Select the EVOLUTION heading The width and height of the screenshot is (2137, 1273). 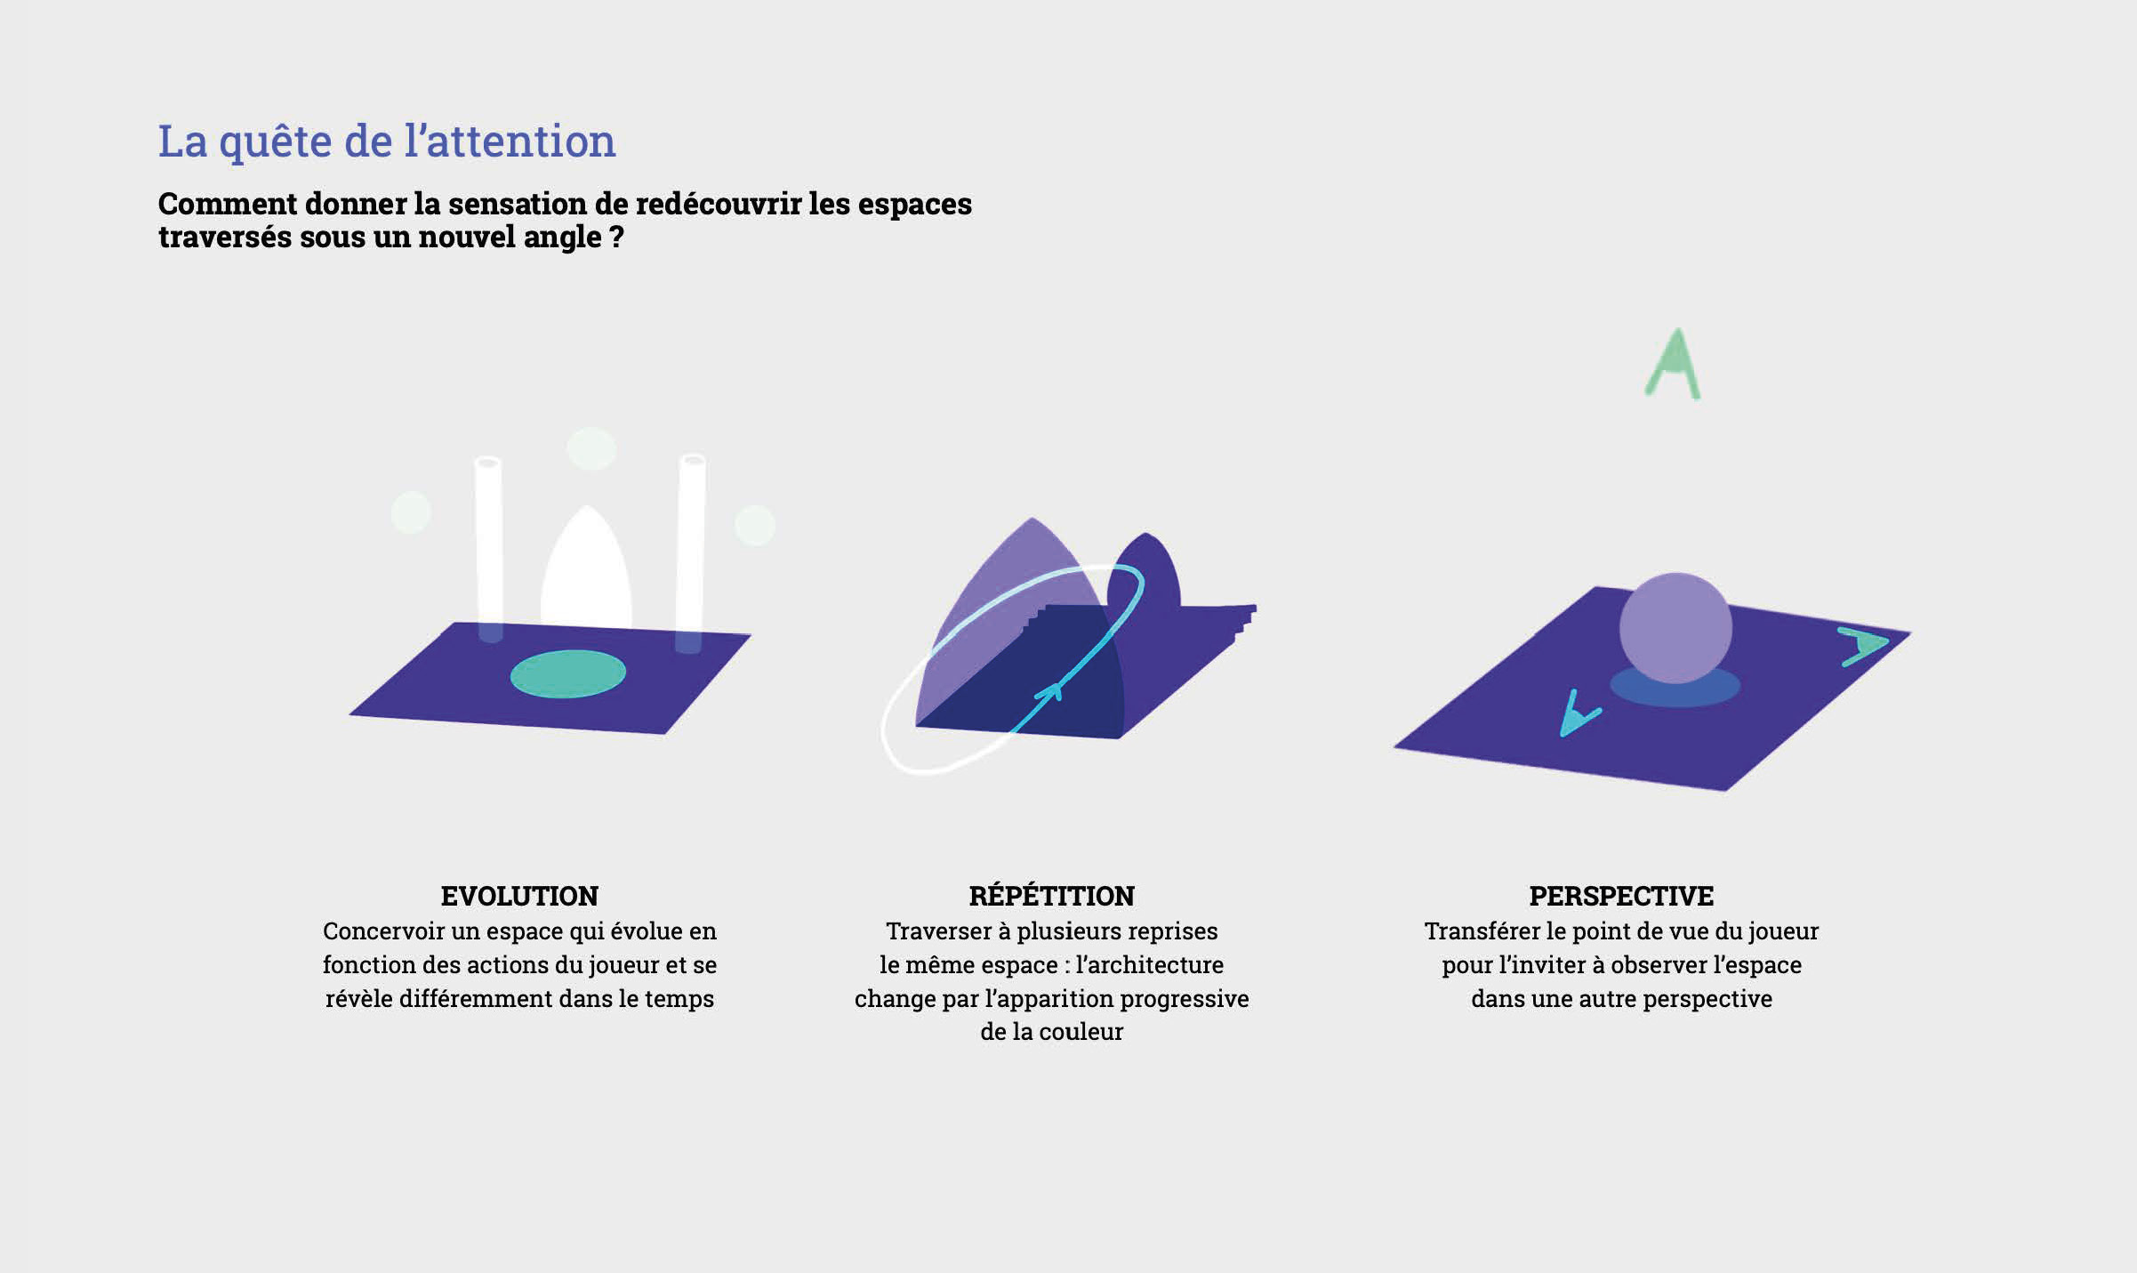click(x=519, y=896)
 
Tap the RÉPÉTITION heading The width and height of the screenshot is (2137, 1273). click(x=1052, y=895)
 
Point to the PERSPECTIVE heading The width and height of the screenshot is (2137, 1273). click(x=1621, y=896)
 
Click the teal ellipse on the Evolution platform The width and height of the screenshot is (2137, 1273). click(x=567, y=673)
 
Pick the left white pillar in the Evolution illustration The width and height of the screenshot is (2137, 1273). click(x=489, y=548)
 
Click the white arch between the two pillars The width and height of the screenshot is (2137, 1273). click(x=586, y=569)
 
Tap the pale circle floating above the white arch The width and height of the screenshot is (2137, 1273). click(x=591, y=448)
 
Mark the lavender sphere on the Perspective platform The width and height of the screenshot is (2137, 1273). click(x=1675, y=628)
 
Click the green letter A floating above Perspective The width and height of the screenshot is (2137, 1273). click(x=1672, y=365)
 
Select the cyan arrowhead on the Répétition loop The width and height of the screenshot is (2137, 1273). click(x=1049, y=691)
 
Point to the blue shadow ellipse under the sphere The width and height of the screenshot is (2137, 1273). click(x=1675, y=688)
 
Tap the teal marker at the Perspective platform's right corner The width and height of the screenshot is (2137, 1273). click(x=1864, y=646)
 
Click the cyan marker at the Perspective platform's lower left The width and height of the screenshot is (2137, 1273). click(x=1578, y=715)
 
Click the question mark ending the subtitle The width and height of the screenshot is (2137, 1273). click(x=616, y=237)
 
